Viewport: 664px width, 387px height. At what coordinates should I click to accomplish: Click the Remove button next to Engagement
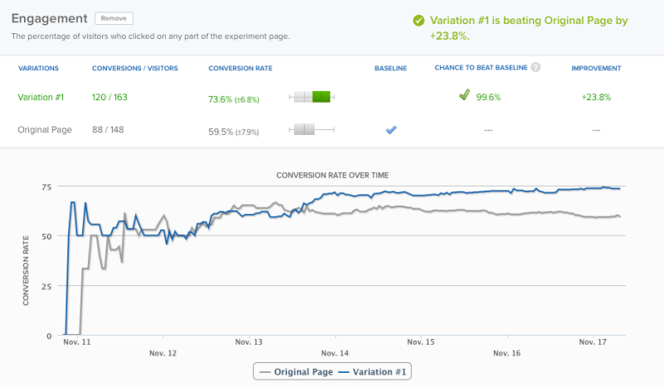[x=114, y=18]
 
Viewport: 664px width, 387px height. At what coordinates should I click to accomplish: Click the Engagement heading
[x=49, y=18]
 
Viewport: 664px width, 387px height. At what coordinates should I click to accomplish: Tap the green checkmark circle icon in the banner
[x=418, y=21]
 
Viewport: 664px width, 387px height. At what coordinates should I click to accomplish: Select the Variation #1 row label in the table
[x=41, y=97]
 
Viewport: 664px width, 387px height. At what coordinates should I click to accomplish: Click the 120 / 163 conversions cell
[x=110, y=97]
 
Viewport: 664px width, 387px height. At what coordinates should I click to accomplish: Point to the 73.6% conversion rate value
[x=222, y=99]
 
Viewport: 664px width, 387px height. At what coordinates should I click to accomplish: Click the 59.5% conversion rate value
[x=222, y=131]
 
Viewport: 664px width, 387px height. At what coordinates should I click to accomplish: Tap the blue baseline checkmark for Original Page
[x=391, y=130]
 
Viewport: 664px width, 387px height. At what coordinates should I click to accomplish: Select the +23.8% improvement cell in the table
[x=596, y=97]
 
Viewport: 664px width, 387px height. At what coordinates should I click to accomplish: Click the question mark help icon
[x=535, y=67]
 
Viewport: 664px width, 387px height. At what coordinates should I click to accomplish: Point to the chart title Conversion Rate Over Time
[x=332, y=175]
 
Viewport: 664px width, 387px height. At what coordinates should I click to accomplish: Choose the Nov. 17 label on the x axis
[x=593, y=341]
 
